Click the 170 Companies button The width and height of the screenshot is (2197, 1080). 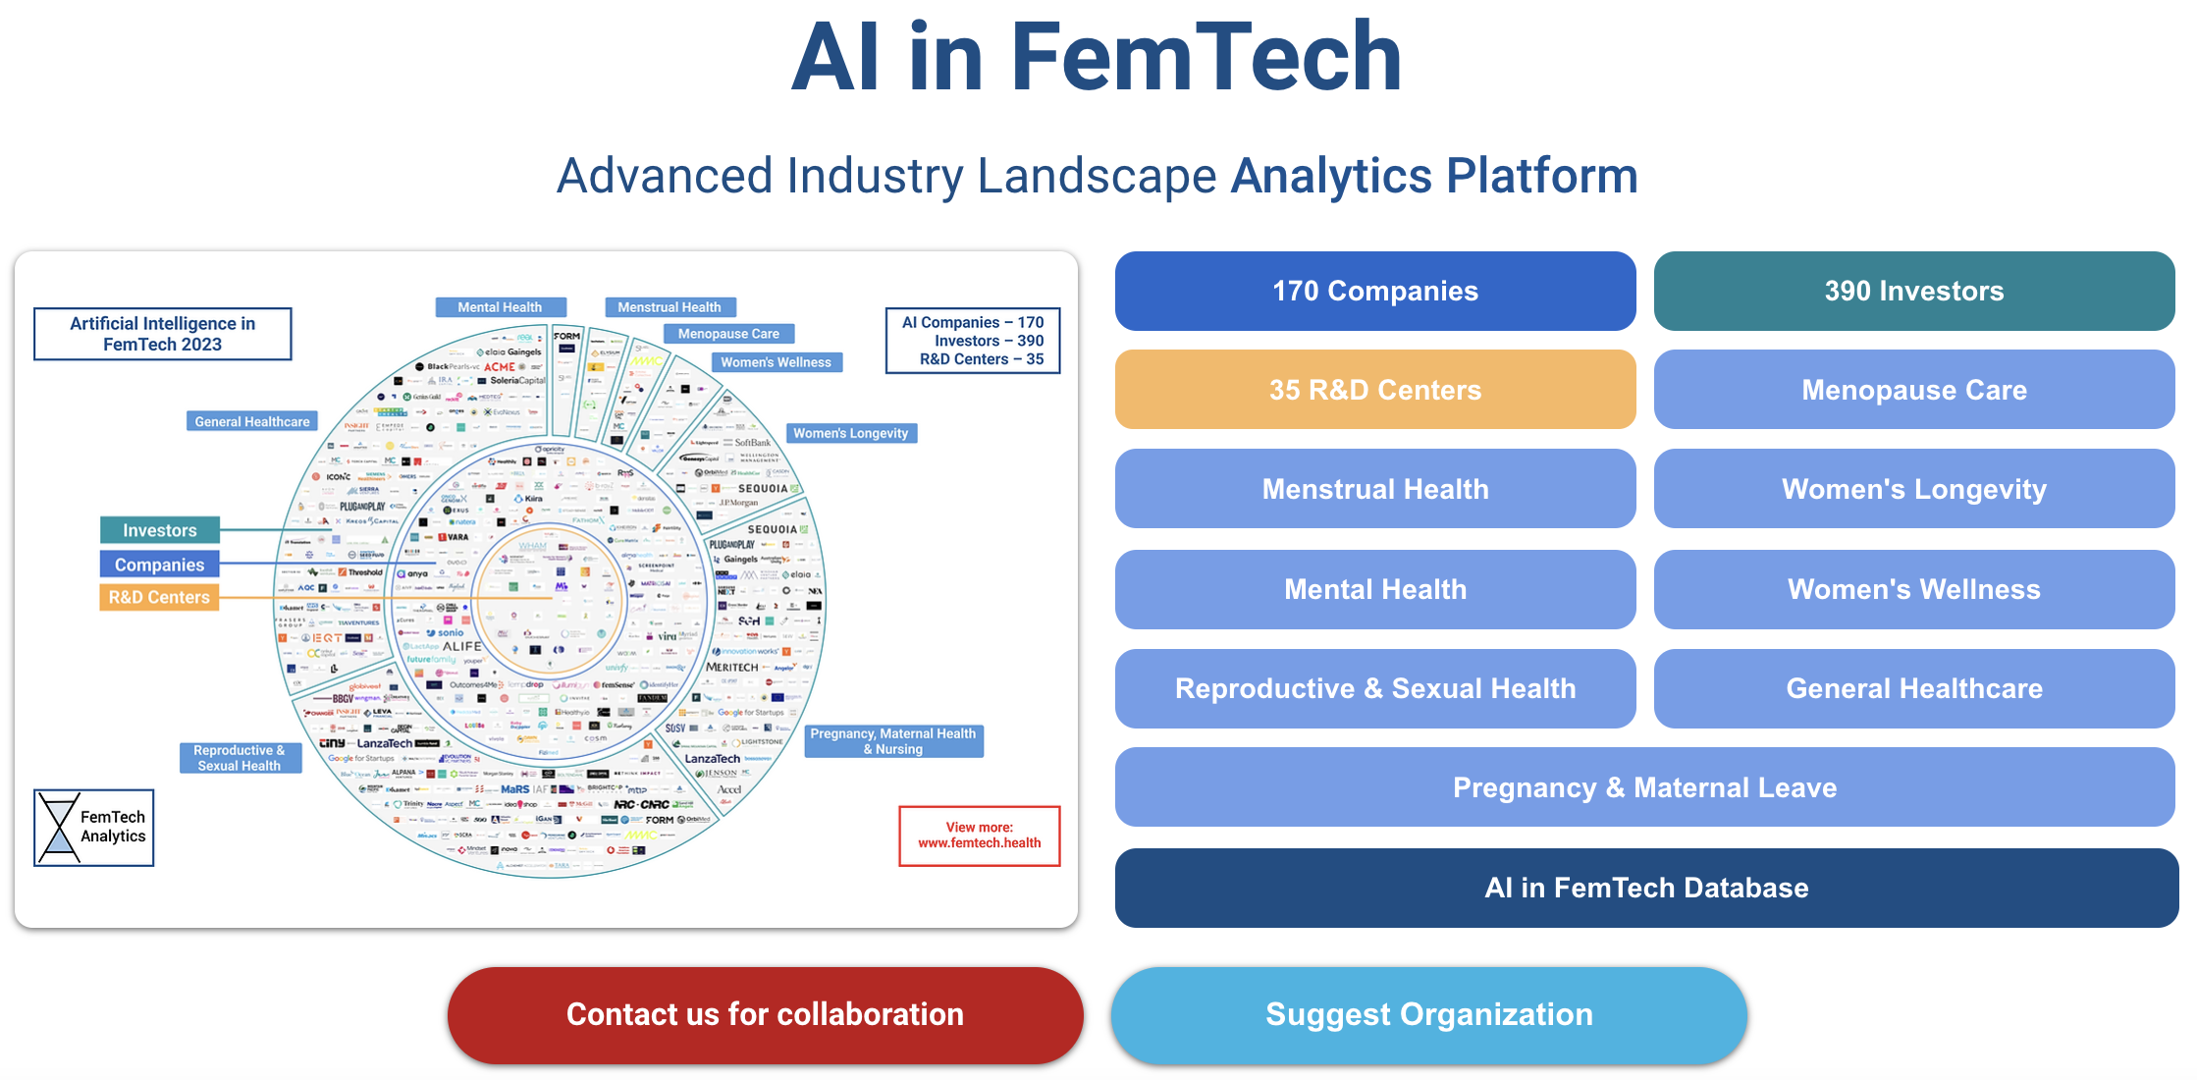[x=1374, y=291]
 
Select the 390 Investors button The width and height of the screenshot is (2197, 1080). [x=1913, y=291]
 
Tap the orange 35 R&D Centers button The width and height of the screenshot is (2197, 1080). [x=1374, y=390]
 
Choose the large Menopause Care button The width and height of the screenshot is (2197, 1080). [x=1913, y=390]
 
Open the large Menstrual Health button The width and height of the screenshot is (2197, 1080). [x=1374, y=489]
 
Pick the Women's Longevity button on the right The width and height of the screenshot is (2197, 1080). [x=1913, y=489]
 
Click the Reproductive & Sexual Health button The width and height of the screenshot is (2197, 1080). [x=1374, y=688]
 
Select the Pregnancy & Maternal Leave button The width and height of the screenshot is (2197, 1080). [x=1644, y=787]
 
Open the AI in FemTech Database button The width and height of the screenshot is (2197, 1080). [x=1646, y=888]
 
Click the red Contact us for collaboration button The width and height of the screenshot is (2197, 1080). [x=765, y=1014]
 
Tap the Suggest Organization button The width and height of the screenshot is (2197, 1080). [x=1428, y=1014]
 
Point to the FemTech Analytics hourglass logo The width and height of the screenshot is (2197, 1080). [x=59, y=828]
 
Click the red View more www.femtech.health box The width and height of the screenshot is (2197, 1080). [x=979, y=836]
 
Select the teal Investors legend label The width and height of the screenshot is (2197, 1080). [x=159, y=530]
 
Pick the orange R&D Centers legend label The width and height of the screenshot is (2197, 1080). [x=159, y=597]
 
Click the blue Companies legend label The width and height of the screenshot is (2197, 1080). [x=159, y=565]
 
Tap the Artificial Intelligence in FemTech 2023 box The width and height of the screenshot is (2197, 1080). [x=162, y=334]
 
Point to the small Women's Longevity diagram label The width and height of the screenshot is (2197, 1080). [x=850, y=433]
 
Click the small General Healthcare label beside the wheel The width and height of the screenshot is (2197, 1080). [x=252, y=421]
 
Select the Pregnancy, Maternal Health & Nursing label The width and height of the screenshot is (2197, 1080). [x=893, y=741]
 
